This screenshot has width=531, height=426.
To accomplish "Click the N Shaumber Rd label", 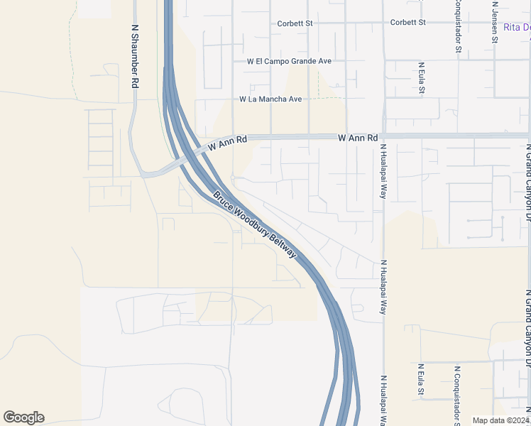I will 134,57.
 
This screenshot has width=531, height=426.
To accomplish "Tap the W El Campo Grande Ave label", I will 289,61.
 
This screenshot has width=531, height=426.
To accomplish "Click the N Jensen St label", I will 495,21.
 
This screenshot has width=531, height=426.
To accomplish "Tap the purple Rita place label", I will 516,28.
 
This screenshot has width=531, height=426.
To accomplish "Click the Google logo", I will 23,417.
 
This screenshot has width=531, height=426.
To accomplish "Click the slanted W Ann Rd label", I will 227,144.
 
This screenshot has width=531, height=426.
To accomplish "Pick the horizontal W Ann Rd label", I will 357,137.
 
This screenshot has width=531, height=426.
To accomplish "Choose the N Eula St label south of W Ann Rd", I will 421,379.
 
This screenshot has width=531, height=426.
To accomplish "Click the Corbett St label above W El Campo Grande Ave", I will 295,23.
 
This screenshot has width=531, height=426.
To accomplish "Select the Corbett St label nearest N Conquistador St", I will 407,22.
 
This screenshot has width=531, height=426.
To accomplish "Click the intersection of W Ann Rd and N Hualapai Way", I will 383,136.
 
